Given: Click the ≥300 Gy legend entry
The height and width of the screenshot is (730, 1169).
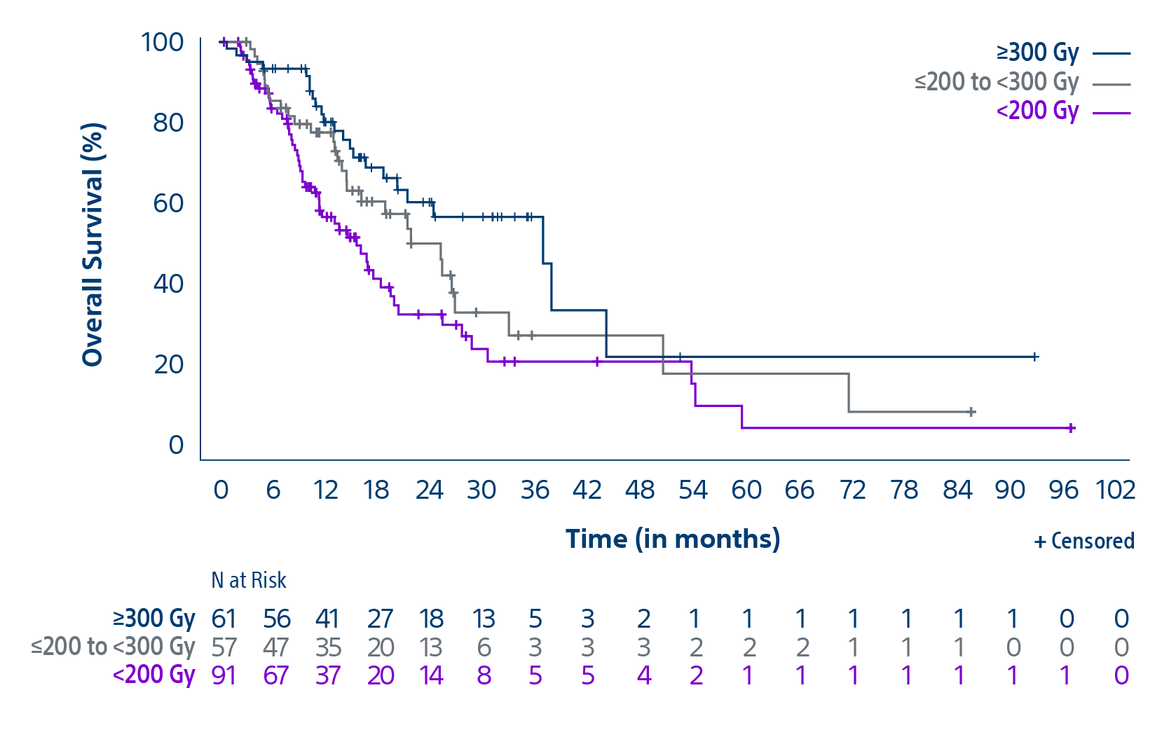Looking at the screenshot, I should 1037,53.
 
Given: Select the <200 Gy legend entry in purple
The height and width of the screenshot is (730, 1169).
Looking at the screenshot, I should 1037,111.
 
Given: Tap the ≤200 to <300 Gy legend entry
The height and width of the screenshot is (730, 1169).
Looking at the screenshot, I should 996,82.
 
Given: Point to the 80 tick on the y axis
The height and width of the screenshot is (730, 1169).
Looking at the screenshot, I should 168,123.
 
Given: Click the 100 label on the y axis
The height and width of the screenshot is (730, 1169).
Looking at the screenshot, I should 163,42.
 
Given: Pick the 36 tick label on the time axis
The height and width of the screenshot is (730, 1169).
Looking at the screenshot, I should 535,490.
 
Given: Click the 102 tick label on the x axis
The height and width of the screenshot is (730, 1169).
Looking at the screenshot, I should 1115,490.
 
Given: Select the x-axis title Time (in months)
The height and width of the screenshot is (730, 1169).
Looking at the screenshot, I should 673,539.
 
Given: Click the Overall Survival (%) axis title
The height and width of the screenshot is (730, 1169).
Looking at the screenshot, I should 93,245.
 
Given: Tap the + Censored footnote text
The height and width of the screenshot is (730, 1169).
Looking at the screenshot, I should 1084,541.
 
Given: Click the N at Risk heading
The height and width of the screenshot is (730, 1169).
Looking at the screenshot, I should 249,580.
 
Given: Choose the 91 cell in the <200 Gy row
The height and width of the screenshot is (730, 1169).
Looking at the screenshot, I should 224,675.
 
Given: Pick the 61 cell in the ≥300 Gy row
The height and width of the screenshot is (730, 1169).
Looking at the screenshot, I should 224,619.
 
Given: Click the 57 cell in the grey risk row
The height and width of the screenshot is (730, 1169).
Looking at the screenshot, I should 224,647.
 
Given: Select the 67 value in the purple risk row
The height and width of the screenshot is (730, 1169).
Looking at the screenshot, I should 276,675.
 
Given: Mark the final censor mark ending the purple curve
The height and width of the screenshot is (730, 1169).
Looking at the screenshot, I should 1071,428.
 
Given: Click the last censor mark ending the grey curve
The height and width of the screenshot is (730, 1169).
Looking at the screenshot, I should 971,412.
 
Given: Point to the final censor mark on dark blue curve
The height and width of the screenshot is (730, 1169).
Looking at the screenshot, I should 1035,357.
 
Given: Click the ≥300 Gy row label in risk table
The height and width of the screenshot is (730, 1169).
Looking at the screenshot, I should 154,619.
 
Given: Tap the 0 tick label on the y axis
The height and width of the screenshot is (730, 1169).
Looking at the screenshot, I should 176,445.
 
